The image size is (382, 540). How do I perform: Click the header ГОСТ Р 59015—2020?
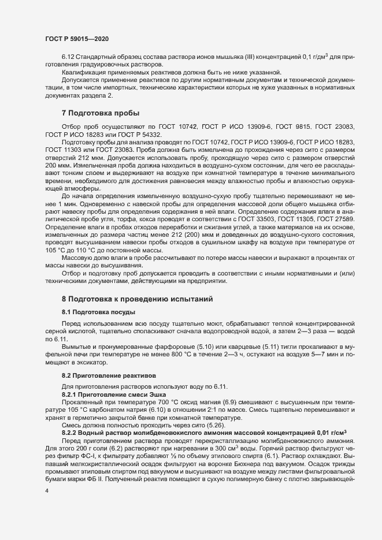[76, 38]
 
